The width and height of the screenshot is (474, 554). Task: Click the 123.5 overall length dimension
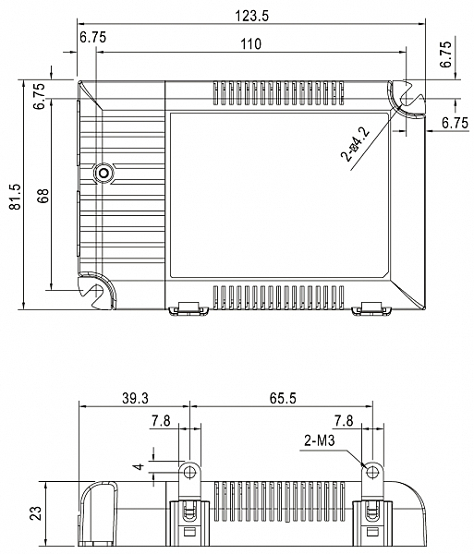252,16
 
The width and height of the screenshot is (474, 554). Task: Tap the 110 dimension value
251,44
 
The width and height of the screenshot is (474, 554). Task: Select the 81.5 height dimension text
16,197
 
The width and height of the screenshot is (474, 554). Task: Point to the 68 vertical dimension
43,196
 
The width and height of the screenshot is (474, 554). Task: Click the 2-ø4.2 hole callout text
355,145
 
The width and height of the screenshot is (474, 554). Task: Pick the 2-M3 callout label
319,441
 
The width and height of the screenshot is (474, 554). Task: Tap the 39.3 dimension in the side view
136,399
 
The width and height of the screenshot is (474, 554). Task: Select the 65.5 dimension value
283,399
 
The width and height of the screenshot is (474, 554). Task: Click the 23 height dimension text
36,513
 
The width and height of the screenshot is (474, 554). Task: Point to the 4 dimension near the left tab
140,466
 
